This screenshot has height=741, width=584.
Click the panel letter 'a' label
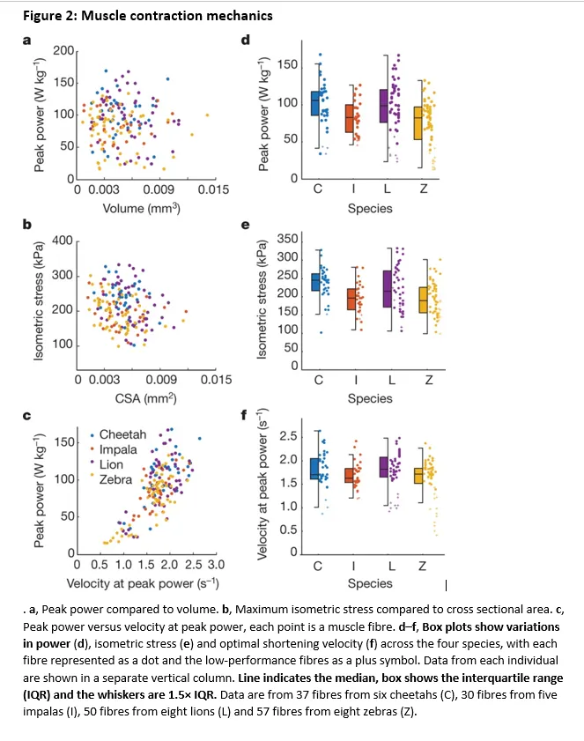click(x=26, y=40)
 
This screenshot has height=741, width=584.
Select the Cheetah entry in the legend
click(x=122, y=435)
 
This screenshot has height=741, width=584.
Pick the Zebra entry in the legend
click(x=116, y=480)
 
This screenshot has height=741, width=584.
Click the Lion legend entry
click(x=111, y=465)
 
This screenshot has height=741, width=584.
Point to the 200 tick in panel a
click(x=62, y=49)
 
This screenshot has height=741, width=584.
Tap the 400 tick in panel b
click(x=62, y=241)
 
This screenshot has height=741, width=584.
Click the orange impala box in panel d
click(x=351, y=118)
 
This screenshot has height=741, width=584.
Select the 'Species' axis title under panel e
click(x=370, y=398)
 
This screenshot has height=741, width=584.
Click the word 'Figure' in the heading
click(x=43, y=15)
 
